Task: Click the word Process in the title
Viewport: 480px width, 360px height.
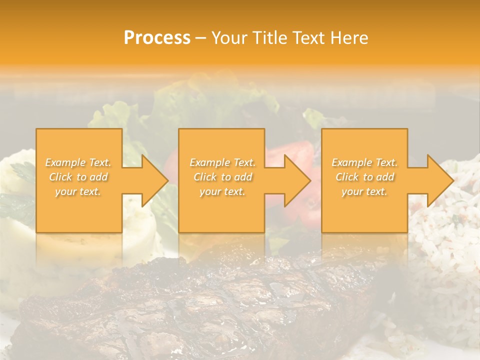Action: click(157, 38)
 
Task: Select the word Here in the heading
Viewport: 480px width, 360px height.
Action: click(349, 38)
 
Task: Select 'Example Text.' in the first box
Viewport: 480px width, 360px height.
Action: click(78, 162)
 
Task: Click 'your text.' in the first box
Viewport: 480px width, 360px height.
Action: click(78, 191)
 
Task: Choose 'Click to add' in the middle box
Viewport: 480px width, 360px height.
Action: click(222, 177)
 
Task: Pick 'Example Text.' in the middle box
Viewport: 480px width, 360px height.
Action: click(222, 162)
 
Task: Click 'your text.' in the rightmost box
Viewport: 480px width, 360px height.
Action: click(364, 191)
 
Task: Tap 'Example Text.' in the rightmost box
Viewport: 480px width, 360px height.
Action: click(364, 162)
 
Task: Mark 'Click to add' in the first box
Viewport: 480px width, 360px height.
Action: click(78, 177)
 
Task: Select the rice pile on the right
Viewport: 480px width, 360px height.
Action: click(445, 250)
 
